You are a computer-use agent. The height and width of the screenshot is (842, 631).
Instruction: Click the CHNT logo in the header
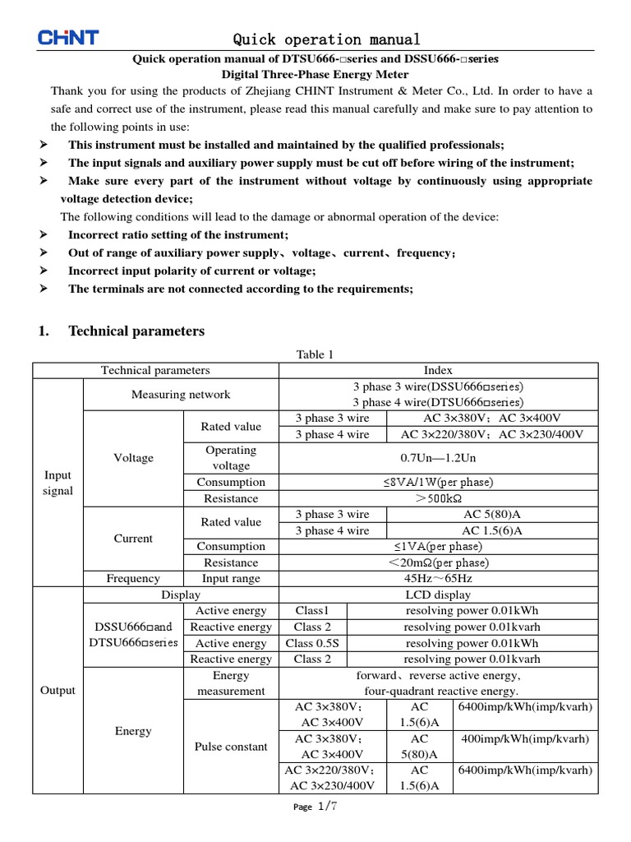coord(68,38)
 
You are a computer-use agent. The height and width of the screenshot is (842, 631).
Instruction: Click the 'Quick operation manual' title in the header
coord(326,39)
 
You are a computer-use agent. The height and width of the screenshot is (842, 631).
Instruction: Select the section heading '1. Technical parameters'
coord(122,331)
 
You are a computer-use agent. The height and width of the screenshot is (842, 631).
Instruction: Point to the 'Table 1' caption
coord(315,354)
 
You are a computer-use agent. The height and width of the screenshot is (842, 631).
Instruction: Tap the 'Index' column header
coord(438,371)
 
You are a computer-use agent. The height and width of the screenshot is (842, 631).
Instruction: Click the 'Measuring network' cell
coord(181,395)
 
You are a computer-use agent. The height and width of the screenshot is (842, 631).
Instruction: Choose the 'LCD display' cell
coord(438,594)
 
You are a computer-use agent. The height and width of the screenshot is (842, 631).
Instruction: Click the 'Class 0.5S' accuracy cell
coord(312,643)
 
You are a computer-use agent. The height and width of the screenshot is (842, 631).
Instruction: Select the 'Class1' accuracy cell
coord(312,611)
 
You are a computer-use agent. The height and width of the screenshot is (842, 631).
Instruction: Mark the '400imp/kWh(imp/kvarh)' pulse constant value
coord(526,738)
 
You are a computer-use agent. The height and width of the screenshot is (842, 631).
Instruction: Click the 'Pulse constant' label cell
coord(231,747)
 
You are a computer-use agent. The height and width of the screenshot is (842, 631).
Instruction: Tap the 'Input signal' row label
coord(58,483)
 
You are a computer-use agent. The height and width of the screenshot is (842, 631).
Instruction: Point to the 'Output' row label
coord(58,691)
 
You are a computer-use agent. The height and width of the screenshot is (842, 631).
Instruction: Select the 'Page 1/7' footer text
coord(315,807)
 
